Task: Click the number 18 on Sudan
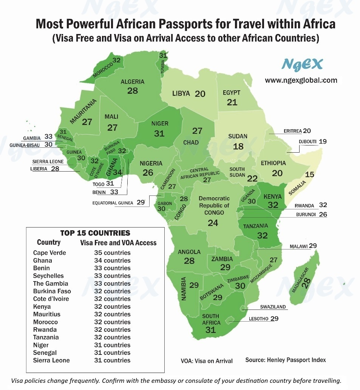point(238,146)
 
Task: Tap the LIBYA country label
point(181,93)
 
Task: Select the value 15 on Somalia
point(309,175)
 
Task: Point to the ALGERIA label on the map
point(132,82)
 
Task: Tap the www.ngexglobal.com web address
point(301,80)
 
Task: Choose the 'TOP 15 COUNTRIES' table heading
point(95,233)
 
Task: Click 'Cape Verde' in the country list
point(49,253)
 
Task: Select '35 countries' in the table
point(112,253)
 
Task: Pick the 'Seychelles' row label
point(48,276)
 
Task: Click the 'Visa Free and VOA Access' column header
point(118,243)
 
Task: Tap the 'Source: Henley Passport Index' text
point(286,360)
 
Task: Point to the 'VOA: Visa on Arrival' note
point(207,361)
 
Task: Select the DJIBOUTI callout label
point(307,142)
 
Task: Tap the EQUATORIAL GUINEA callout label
point(113,203)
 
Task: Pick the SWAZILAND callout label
point(273,307)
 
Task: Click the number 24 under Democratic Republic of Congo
point(213,223)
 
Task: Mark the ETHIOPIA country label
point(273,163)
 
